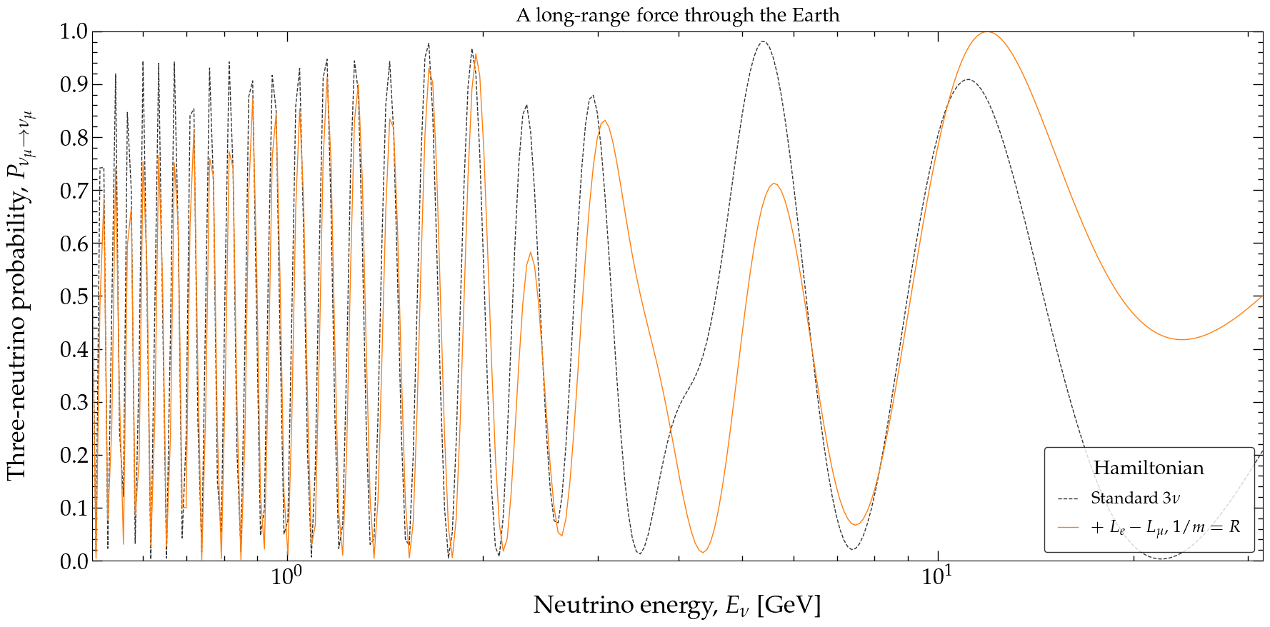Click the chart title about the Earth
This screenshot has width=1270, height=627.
[677, 15]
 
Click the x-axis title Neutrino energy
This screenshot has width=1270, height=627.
[676, 606]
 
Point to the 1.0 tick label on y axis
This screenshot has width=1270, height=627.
[73, 31]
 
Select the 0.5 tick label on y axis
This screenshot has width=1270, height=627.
[73, 296]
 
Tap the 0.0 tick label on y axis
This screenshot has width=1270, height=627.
[73, 561]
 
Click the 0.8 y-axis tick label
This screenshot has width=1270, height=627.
[73, 138]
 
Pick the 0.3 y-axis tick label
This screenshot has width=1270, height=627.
[73, 402]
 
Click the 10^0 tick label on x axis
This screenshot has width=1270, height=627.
[285, 576]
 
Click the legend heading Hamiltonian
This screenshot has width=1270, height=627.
[1149, 468]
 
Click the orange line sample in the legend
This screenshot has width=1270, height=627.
[1068, 528]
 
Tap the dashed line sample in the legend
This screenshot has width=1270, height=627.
[1068, 498]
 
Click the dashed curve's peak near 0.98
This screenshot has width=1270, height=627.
[763, 41]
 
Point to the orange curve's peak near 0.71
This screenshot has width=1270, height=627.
[774, 184]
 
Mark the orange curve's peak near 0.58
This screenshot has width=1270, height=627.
[530, 253]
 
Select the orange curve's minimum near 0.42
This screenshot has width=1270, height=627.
[1182, 339]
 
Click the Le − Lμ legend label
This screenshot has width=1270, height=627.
[1166, 528]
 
